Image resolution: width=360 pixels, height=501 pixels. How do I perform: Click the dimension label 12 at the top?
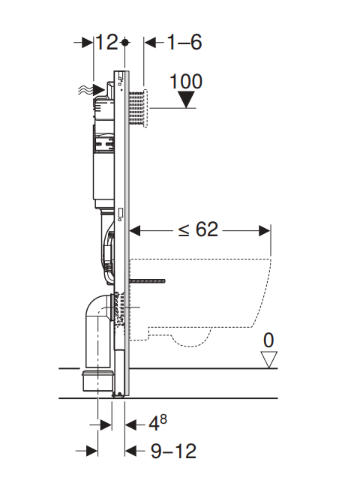[106, 42]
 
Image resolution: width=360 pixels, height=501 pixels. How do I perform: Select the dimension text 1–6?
[184, 42]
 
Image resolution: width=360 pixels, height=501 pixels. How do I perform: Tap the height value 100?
[185, 82]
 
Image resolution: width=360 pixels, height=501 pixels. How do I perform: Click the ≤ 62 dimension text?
[198, 229]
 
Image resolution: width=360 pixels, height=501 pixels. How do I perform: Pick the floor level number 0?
[268, 340]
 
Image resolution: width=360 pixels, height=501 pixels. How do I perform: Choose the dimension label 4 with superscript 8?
[157, 423]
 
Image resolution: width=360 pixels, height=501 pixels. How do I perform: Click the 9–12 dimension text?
[173, 451]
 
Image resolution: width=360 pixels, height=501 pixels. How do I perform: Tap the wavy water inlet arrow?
[91, 90]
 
